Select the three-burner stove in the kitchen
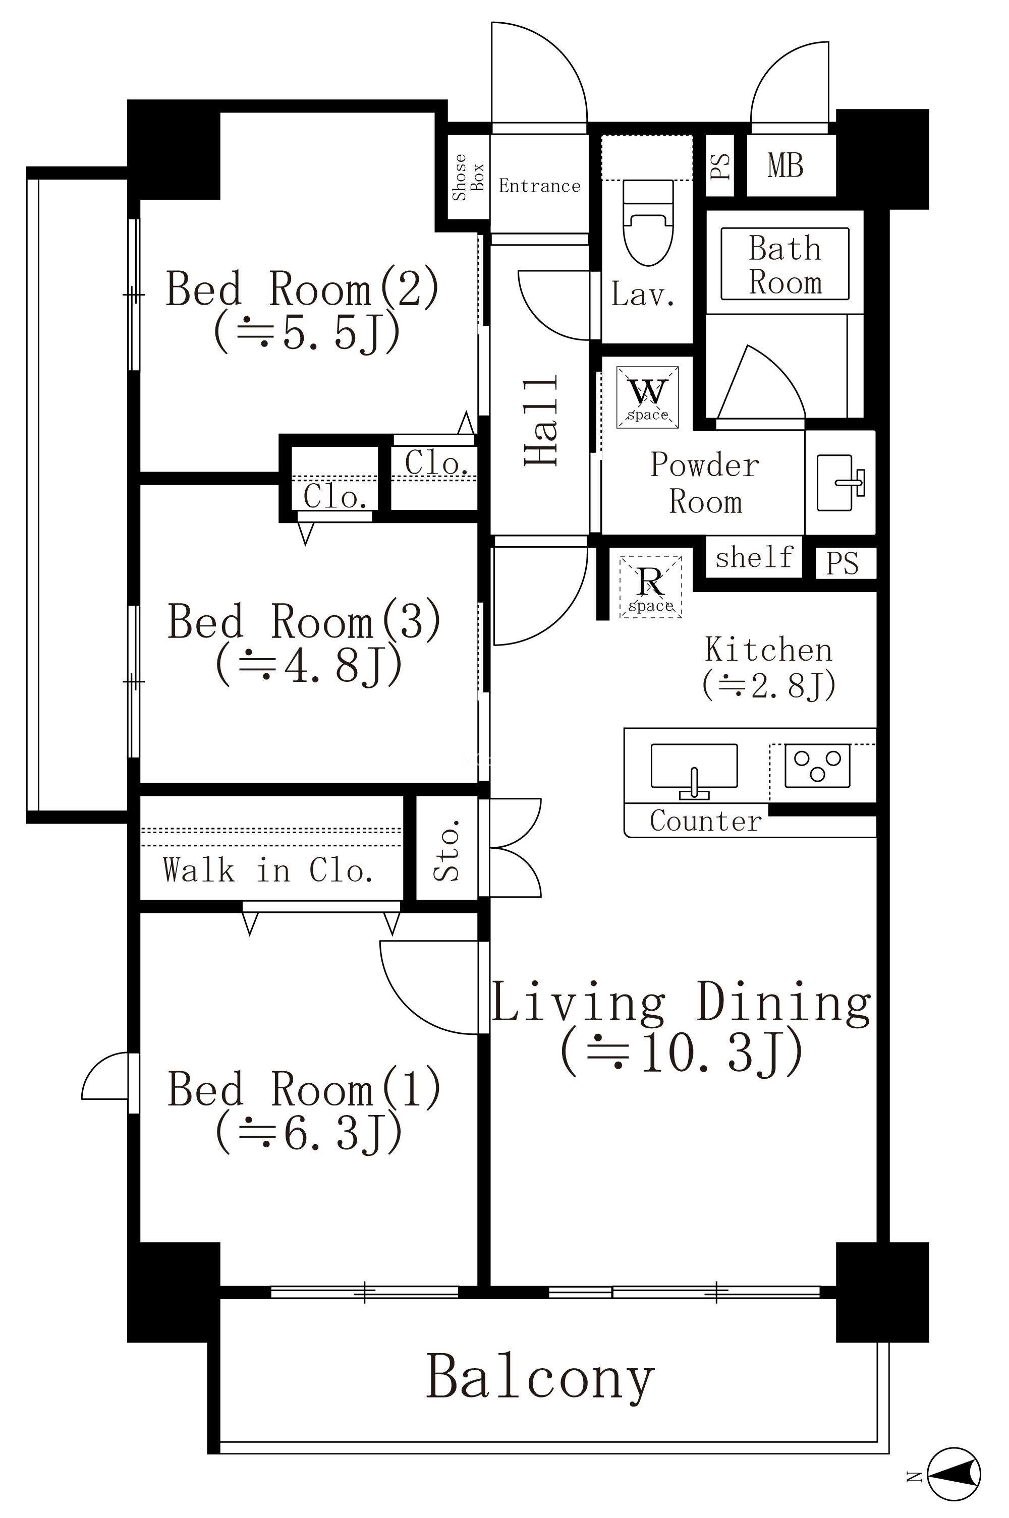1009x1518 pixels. click(x=817, y=766)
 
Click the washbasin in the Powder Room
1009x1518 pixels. click(x=840, y=483)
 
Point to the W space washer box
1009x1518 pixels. click(x=647, y=397)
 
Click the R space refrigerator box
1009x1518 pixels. click(x=651, y=587)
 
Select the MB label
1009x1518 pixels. click(x=785, y=165)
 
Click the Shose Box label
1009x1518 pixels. click(x=468, y=177)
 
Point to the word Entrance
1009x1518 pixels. click(x=539, y=187)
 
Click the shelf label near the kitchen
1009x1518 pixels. click(x=754, y=557)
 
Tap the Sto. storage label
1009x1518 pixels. click(x=446, y=850)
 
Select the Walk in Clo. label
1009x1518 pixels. click(x=268, y=870)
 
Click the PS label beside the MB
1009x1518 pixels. click(x=721, y=166)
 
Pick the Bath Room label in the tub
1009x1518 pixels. click(x=785, y=265)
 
